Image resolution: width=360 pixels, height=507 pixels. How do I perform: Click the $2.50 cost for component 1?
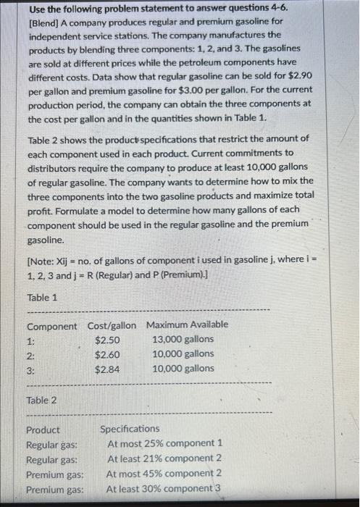pyautogui.click(x=107, y=339)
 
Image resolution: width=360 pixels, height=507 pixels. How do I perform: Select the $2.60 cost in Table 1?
pyautogui.click(x=107, y=353)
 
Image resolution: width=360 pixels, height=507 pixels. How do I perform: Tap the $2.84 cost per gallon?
pyautogui.click(x=107, y=368)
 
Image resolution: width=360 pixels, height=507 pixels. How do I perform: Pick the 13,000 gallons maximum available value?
pyautogui.click(x=183, y=339)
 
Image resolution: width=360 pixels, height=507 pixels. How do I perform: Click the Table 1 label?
pyautogui.click(x=42, y=297)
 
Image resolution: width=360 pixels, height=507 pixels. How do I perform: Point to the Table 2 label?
pyautogui.click(x=42, y=400)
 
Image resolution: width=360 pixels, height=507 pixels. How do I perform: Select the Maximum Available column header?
pyautogui.click(x=187, y=324)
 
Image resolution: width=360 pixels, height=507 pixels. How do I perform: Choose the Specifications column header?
pyautogui.click(x=130, y=429)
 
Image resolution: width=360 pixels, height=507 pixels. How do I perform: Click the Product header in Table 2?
pyautogui.click(x=43, y=430)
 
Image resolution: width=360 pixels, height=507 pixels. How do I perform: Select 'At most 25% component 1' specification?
pyautogui.click(x=165, y=443)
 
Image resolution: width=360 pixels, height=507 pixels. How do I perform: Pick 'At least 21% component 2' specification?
pyautogui.click(x=164, y=458)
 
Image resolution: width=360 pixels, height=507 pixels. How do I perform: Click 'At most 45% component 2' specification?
pyautogui.click(x=164, y=474)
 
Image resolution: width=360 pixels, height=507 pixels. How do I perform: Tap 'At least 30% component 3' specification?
pyautogui.click(x=164, y=489)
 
